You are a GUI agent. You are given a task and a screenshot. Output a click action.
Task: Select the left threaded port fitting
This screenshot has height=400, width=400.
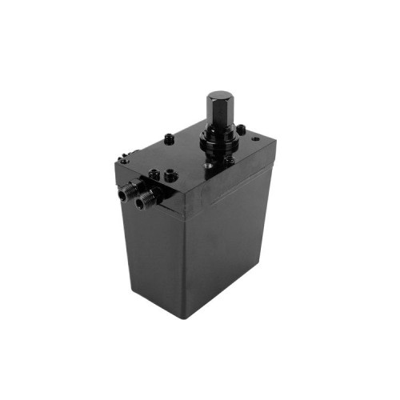(129, 192)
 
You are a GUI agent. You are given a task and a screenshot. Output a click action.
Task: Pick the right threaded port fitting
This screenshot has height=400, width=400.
(145, 200)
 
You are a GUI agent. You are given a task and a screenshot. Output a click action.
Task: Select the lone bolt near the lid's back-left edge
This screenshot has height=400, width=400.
(170, 138)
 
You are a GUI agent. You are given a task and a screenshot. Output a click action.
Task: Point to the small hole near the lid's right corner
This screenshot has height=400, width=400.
(255, 138)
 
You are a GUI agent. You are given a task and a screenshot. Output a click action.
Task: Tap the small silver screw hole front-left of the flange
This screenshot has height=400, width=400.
(208, 166)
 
